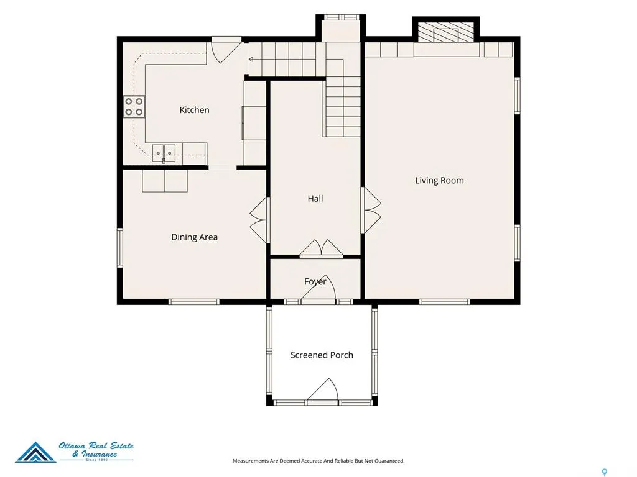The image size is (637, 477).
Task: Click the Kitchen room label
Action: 194,110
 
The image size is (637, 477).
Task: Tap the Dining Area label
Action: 194,237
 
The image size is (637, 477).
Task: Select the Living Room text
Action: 439,181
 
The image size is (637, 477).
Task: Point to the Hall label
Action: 315,198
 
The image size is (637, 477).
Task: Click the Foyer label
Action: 315,281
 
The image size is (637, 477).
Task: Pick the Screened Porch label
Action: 322,355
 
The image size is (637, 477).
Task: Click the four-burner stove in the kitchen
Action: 134,107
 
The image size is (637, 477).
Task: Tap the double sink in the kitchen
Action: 164,153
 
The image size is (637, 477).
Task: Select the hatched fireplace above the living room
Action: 446,32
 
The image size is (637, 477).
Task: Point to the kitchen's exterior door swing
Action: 226,51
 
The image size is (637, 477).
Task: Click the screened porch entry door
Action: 323,390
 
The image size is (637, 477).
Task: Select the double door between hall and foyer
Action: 322,248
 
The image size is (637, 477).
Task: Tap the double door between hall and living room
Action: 371,210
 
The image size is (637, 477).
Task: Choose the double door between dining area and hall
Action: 260,220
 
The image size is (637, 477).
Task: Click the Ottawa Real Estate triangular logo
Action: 35,452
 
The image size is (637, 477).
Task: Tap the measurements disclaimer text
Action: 318,461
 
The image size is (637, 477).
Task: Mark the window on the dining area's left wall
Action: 120,247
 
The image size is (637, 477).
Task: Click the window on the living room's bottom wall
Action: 444,302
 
